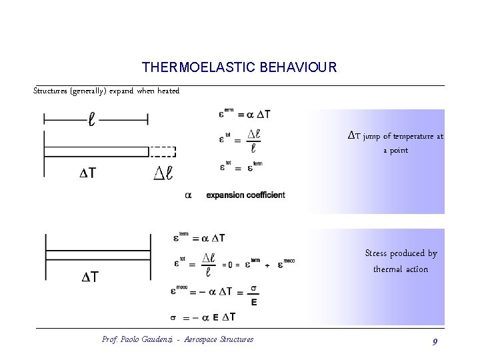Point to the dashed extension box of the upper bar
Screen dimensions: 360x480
pos(162,151)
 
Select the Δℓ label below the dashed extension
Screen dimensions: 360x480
pos(163,173)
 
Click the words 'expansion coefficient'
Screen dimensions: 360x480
pos(245,195)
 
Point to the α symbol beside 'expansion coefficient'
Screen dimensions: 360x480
pos(188,195)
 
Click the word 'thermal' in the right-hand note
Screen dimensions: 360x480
pos(387,269)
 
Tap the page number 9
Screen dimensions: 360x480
pos(435,341)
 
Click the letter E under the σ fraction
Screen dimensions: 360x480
pos(254,302)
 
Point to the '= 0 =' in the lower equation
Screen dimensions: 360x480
pos(232,265)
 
